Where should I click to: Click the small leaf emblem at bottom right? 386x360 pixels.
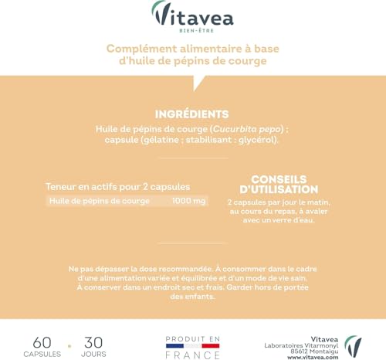pyautogui.click(x=353, y=345)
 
